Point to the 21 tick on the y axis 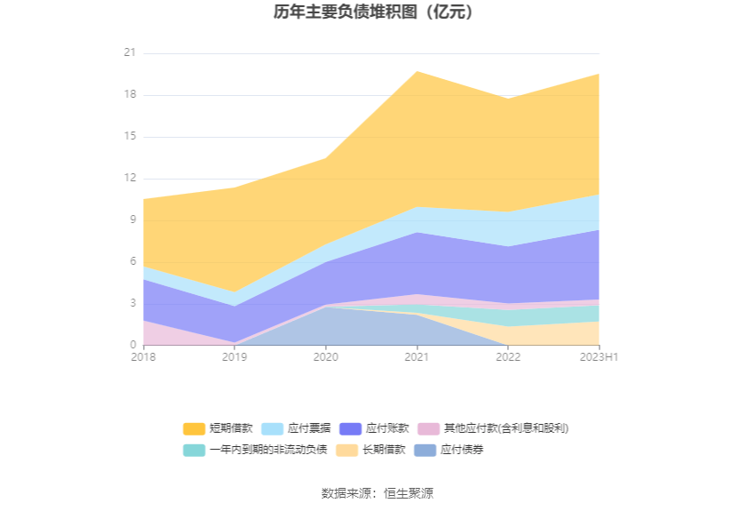(x=130, y=53)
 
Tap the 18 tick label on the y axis (x=130, y=95)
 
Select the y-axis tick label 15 (x=130, y=137)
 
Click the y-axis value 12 (x=130, y=179)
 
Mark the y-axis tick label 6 (x=132, y=262)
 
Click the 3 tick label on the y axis (x=132, y=304)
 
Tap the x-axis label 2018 (x=142, y=357)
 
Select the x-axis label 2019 (x=234, y=357)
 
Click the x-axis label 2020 (x=325, y=357)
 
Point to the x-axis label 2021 (x=417, y=357)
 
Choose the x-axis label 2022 (x=508, y=357)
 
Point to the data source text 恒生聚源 (x=409, y=493)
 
